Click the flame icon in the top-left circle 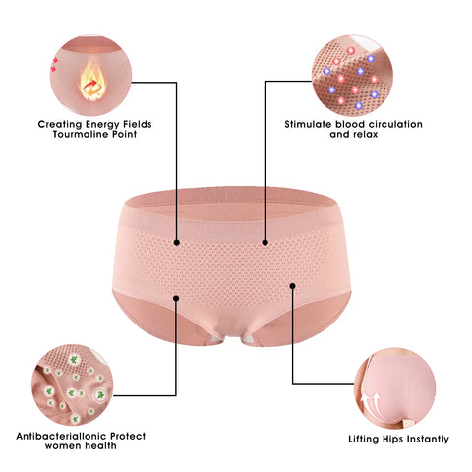tap(92, 81)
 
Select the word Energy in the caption tap(102, 125)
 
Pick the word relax tap(366, 134)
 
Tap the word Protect tap(128, 436)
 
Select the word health tap(101, 445)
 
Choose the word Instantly tap(428, 439)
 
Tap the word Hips tap(392, 440)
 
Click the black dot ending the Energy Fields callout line tap(177, 243)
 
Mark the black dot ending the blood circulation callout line tap(265, 243)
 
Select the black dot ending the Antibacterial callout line tap(176, 298)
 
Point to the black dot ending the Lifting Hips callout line tap(292, 286)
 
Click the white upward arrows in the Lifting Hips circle tap(370, 402)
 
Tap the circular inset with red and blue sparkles tap(352, 76)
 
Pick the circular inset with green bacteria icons tap(73, 384)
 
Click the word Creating tap(60, 125)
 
